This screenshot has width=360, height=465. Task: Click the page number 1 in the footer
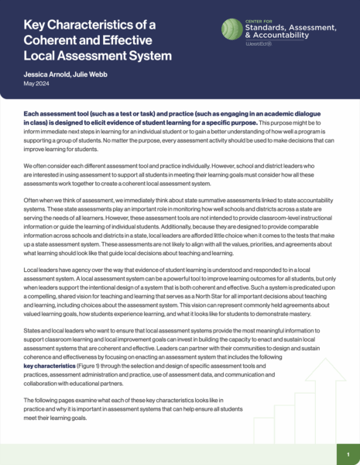[x=348, y=453]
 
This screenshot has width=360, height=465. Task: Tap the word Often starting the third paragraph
[x=32, y=199]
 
